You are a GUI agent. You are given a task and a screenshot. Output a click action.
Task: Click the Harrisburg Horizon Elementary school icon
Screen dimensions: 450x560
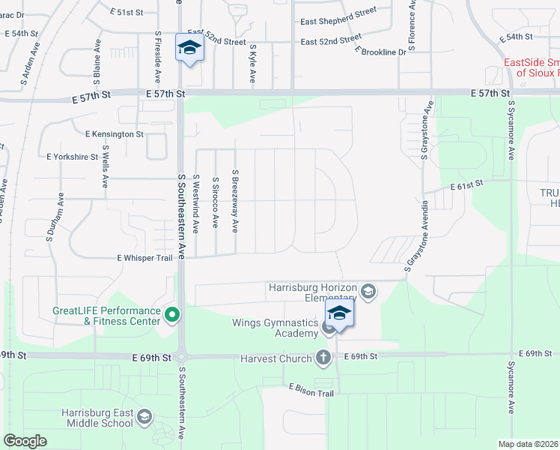click(x=368, y=290)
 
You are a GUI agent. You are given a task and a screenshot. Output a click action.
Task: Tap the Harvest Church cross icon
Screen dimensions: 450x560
click(x=323, y=358)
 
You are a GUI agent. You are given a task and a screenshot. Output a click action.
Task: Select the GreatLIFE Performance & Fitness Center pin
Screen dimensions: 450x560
click(x=171, y=316)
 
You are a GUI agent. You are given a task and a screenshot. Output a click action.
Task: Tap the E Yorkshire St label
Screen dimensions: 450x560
click(x=72, y=157)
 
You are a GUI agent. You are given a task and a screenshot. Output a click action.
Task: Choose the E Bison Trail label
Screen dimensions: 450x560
click(x=311, y=390)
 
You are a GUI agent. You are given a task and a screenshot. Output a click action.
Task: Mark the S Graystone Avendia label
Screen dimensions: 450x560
click(x=417, y=235)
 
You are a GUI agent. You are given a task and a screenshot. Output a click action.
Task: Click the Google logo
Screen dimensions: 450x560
click(x=25, y=441)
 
